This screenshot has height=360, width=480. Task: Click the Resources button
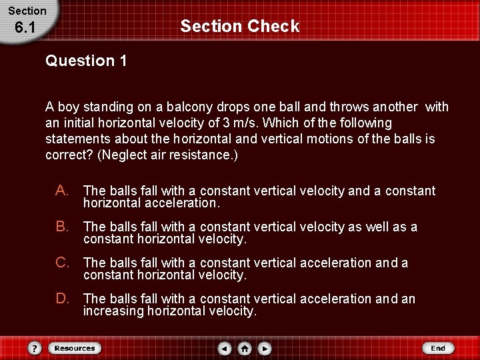coord(74,348)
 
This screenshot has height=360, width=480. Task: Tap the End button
coord(438,348)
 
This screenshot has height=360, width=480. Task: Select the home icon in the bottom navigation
coord(245,348)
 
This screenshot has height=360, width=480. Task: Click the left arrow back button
coord(225,348)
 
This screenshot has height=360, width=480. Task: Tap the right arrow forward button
coord(265,348)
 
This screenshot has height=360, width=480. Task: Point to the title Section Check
coord(240,27)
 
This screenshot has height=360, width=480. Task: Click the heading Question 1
coord(86,61)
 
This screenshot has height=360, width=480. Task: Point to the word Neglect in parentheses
coord(124,155)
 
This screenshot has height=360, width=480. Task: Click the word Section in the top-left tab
coord(27,11)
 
